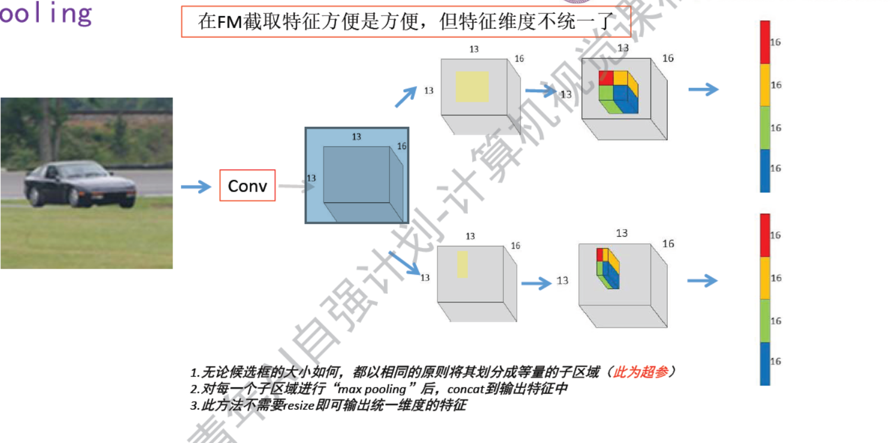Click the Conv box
pos(247,186)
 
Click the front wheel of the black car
pos(75,197)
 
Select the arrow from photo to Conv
pos(196,187)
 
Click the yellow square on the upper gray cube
pos(472,87)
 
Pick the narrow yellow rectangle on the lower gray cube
pos(462,264)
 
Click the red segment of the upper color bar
pos(765,42)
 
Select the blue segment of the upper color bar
pos(765,171)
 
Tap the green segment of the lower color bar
pos(765,321)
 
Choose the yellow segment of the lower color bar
pos(765,278)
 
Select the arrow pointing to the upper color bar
pos(703,90)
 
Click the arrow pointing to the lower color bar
pos(702,280)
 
